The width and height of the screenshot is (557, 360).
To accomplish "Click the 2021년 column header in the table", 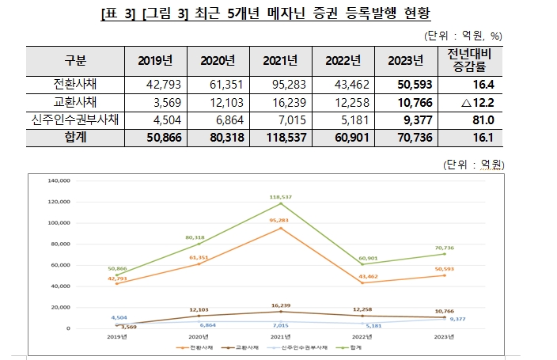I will point(279,61).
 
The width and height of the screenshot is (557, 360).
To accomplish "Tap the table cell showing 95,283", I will point(279,85).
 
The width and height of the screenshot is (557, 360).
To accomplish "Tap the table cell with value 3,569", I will point(161,102).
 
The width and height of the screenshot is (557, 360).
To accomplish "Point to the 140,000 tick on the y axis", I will point(59,180).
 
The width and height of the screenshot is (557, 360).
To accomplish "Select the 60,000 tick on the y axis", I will point(61,264).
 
